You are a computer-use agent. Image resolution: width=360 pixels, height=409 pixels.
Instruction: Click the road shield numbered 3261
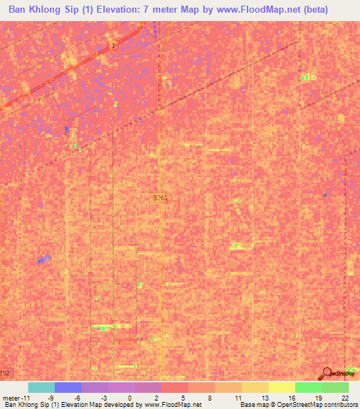(160, 200)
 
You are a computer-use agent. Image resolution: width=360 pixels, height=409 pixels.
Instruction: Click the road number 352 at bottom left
(5, 372)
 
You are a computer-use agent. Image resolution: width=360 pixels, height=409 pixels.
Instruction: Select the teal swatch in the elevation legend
(41, 387)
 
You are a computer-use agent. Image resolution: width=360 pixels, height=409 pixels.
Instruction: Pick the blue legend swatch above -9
(68, 387)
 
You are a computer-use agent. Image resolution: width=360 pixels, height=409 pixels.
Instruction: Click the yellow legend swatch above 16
(282, 387)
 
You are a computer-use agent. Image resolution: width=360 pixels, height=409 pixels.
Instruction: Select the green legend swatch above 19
(309, 387)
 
